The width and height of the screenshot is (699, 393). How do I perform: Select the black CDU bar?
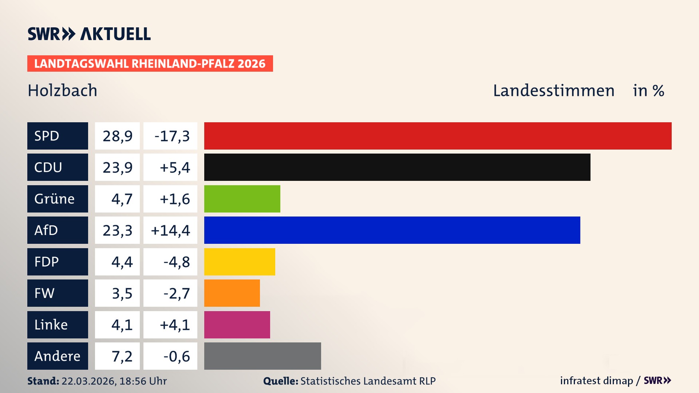[x=397, y=167]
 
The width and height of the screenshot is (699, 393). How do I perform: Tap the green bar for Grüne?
[x=242, y=199]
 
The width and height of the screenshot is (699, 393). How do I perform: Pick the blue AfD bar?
[x=392, y=230]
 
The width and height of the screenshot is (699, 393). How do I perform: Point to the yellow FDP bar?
[x=240, y=262]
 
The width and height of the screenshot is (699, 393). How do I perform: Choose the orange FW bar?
[x=232, y=293]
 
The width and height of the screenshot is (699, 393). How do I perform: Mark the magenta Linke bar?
[x=237, y=325]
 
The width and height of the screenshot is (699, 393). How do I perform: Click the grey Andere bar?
[x=262, y=356]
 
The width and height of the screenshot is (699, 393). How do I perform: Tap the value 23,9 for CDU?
[x=117, y=167]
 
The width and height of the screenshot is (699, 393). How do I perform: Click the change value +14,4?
[x=170, y=230]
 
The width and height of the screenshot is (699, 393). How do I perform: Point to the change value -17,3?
[x=172, y=136]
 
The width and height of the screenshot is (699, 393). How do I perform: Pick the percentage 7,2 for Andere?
[x=122, y=356]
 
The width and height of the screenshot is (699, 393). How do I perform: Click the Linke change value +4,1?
[x=175, y=325]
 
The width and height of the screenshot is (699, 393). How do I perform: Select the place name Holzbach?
[x=63, y=90]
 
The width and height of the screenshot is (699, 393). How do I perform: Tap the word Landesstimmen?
[x=553, y=91]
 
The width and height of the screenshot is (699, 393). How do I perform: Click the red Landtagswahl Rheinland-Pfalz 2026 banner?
[x=150, y=64]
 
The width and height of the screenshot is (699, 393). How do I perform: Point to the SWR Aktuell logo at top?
[x=89, y=34]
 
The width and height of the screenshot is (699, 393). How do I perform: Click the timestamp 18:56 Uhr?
[x=143, y=381]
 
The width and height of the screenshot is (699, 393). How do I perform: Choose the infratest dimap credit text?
[x=596, y=381]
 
